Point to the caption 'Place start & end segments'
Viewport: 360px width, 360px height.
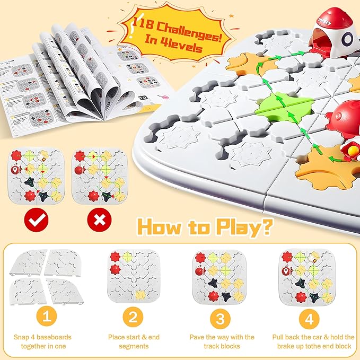(x=134, y=341)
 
